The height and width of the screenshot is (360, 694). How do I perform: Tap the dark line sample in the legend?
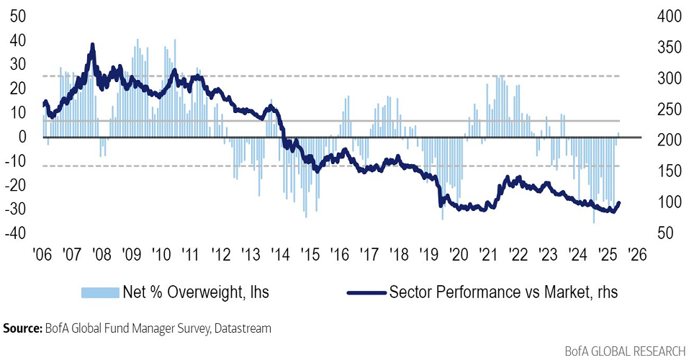click(x=364, y=292)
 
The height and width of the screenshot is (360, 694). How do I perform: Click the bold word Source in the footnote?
click(x=22, y=328)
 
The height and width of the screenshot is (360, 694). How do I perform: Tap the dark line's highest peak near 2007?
click(x=92, y=45)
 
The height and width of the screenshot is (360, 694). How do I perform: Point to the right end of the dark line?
click(x=619, y=203)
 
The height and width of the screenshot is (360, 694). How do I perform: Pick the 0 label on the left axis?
click(x=24, y=137)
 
